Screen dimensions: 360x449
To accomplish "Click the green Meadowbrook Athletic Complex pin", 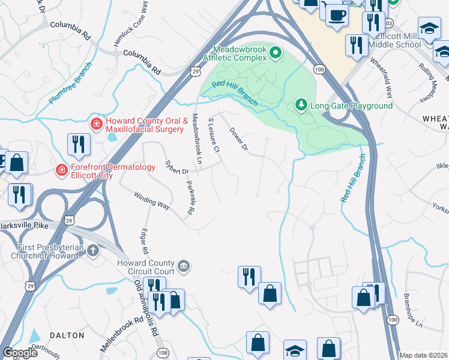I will pos(276,54).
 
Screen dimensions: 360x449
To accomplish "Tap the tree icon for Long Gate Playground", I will pos(301,106).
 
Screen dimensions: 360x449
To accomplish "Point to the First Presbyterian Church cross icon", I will pos(92,250).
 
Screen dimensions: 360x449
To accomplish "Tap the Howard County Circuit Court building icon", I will pos(184,265).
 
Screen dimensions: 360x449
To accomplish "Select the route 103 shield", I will pos(389,22).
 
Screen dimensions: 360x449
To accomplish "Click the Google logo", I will pos(20,353).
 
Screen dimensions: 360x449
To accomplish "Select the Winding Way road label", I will pos(151,200).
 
